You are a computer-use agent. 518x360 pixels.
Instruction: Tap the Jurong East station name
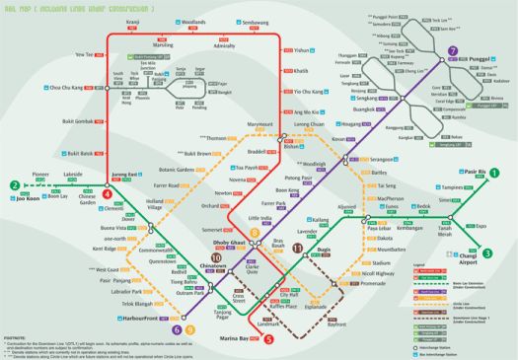(x=124, y=175)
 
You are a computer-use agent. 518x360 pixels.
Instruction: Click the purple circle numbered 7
(x=453, y=50)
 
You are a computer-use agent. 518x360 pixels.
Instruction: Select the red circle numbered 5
(x=268, y=340)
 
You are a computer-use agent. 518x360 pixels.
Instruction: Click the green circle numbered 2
(x=14, y=184)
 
